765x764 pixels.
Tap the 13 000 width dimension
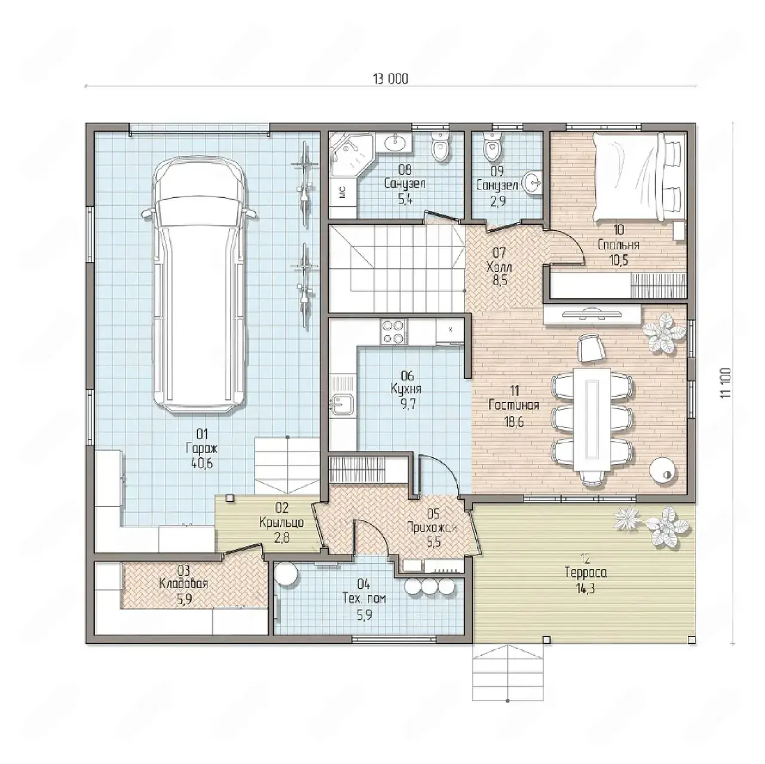point(390,80)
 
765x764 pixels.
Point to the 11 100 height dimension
point(726,383)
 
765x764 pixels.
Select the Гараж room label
point(201,448)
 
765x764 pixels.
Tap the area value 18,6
point(514,421)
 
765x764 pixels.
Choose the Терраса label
point(586,573)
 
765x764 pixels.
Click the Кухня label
point(406,389)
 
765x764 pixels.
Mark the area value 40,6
point(201,463)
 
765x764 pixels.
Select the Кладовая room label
point(183,584)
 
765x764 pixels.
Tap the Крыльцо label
point(281,522)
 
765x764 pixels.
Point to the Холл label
point(499,267)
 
